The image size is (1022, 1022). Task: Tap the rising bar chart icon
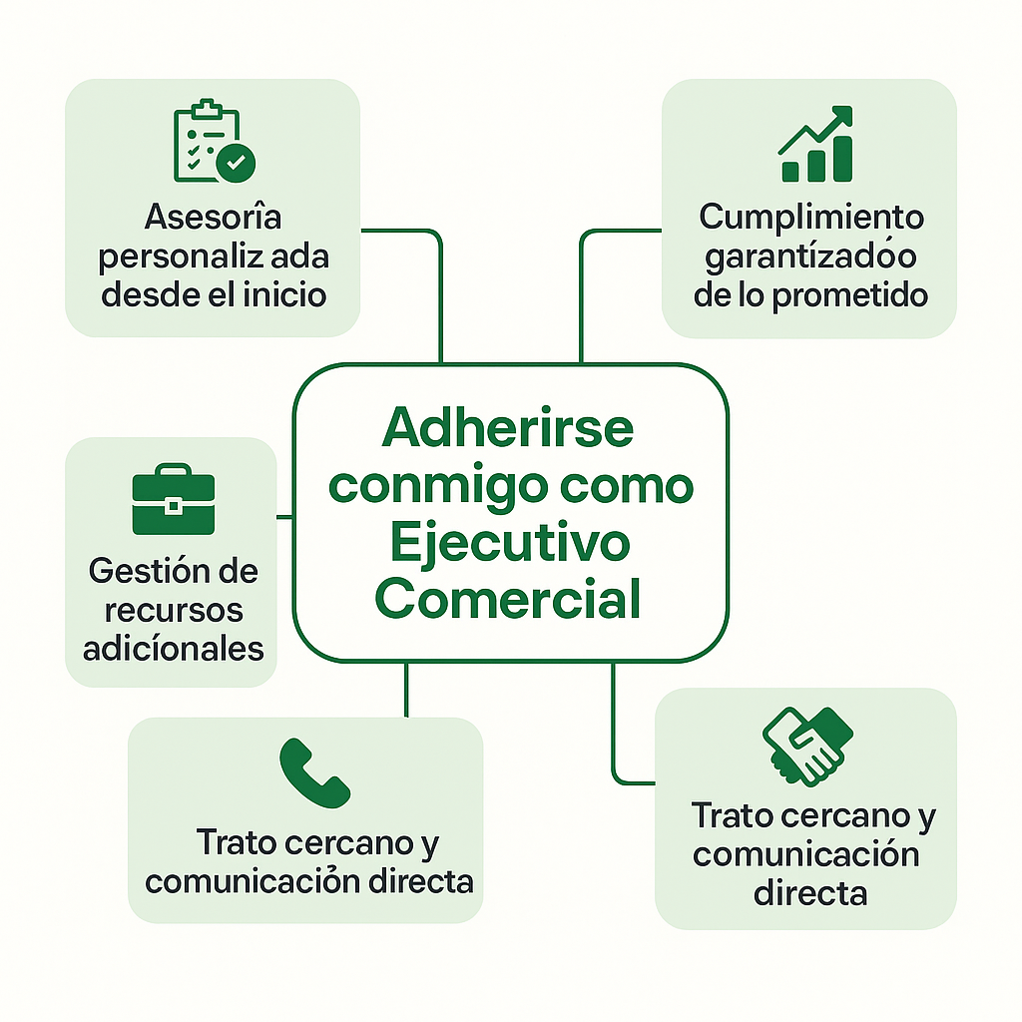(816, 146)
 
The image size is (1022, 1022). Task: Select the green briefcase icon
(174, 499)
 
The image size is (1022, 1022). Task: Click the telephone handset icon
(314, 772)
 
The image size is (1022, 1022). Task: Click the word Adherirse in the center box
(508, 429)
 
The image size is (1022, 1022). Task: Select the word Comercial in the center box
(509, 601)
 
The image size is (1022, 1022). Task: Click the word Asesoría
(213, 217)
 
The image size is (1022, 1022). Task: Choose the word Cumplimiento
(811, 217)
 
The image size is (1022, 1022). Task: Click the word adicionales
(174, 649)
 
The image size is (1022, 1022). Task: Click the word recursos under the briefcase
(174, 610)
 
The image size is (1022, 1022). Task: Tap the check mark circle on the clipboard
(237, 162)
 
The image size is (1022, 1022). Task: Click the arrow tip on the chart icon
(846, 114)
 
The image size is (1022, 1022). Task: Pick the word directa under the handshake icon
(809, 893)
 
